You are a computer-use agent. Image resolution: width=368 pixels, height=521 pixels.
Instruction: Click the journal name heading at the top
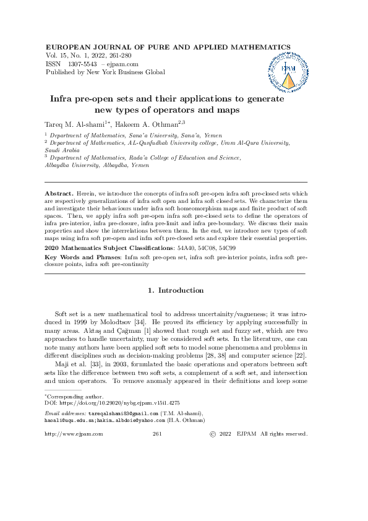[x=168, y=47]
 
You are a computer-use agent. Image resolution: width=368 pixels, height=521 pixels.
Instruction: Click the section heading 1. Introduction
[x=176, y=290]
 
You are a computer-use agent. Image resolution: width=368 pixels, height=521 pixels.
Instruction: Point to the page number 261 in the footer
[x=156, y=434]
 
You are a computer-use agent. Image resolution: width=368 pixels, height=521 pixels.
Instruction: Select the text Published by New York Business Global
[x=106, y=72]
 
